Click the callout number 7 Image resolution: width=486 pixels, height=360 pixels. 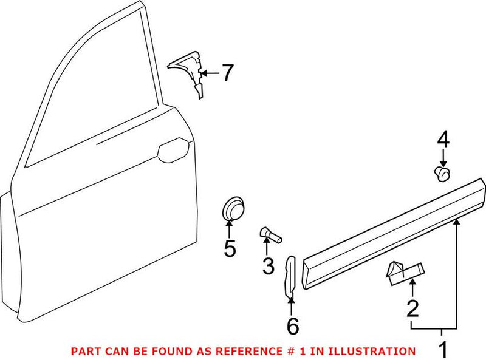227,73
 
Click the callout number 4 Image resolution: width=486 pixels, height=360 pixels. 443,141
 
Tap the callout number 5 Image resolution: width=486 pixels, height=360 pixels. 230,248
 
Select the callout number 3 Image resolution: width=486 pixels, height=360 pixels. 268,265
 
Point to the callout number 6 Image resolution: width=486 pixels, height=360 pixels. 293,326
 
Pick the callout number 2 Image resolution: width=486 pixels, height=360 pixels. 412,309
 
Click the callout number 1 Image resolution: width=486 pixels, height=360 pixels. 443,349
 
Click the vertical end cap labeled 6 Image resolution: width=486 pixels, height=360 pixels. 290,276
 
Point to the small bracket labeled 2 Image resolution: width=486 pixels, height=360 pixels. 403,270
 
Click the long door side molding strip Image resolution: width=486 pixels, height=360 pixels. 395,228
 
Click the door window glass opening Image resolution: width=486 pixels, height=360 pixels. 85,91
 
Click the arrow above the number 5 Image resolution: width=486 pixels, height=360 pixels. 230,229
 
